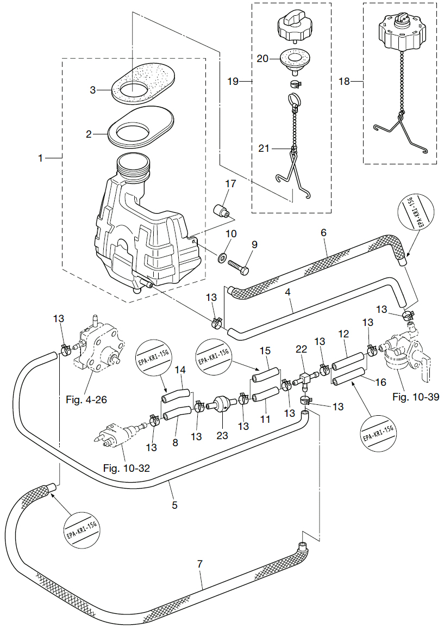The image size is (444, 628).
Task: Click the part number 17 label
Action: (x=230, y=184)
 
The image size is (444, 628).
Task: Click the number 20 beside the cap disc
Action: (x=262, y=59)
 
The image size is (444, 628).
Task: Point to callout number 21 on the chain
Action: (x=263, y=147)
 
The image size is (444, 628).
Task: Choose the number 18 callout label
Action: (x=344, y=82)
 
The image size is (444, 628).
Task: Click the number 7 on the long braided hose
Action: (x=199, y=564)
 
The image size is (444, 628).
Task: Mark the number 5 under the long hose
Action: (x=174, y=504)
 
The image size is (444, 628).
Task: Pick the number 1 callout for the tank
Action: (x=40, y=158)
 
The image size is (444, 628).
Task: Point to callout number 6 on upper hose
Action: (x=323, y=232)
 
